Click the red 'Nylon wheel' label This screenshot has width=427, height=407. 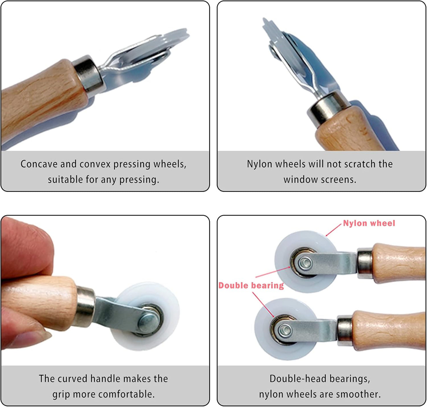[x=369, y=223]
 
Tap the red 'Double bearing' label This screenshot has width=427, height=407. [x=251, y=285]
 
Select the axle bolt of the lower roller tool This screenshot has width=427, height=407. [x=285, y=329]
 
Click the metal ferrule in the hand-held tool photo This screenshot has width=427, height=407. [x=85, y=306]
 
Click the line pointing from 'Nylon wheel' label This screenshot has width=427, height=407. [x=333, y=230]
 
